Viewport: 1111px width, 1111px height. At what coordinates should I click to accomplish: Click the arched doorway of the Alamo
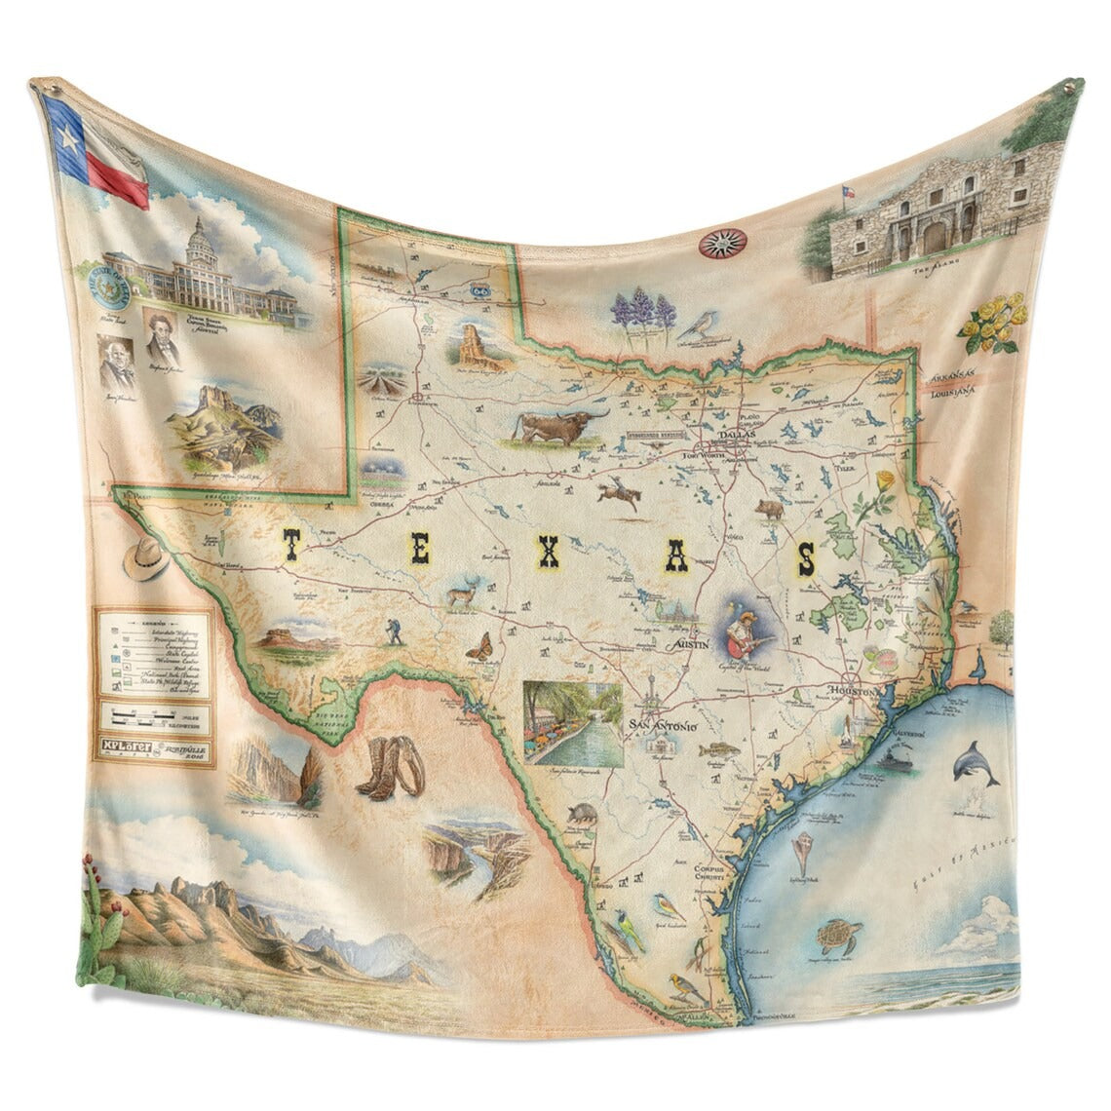point(939,235)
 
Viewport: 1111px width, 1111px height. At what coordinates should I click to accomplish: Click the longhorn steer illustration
point(555,425)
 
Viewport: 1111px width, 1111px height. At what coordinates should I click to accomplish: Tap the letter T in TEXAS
point(290,546)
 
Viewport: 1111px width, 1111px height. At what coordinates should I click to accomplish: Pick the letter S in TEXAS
point(806,559)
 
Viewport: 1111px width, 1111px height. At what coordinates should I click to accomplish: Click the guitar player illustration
point(747,630)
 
